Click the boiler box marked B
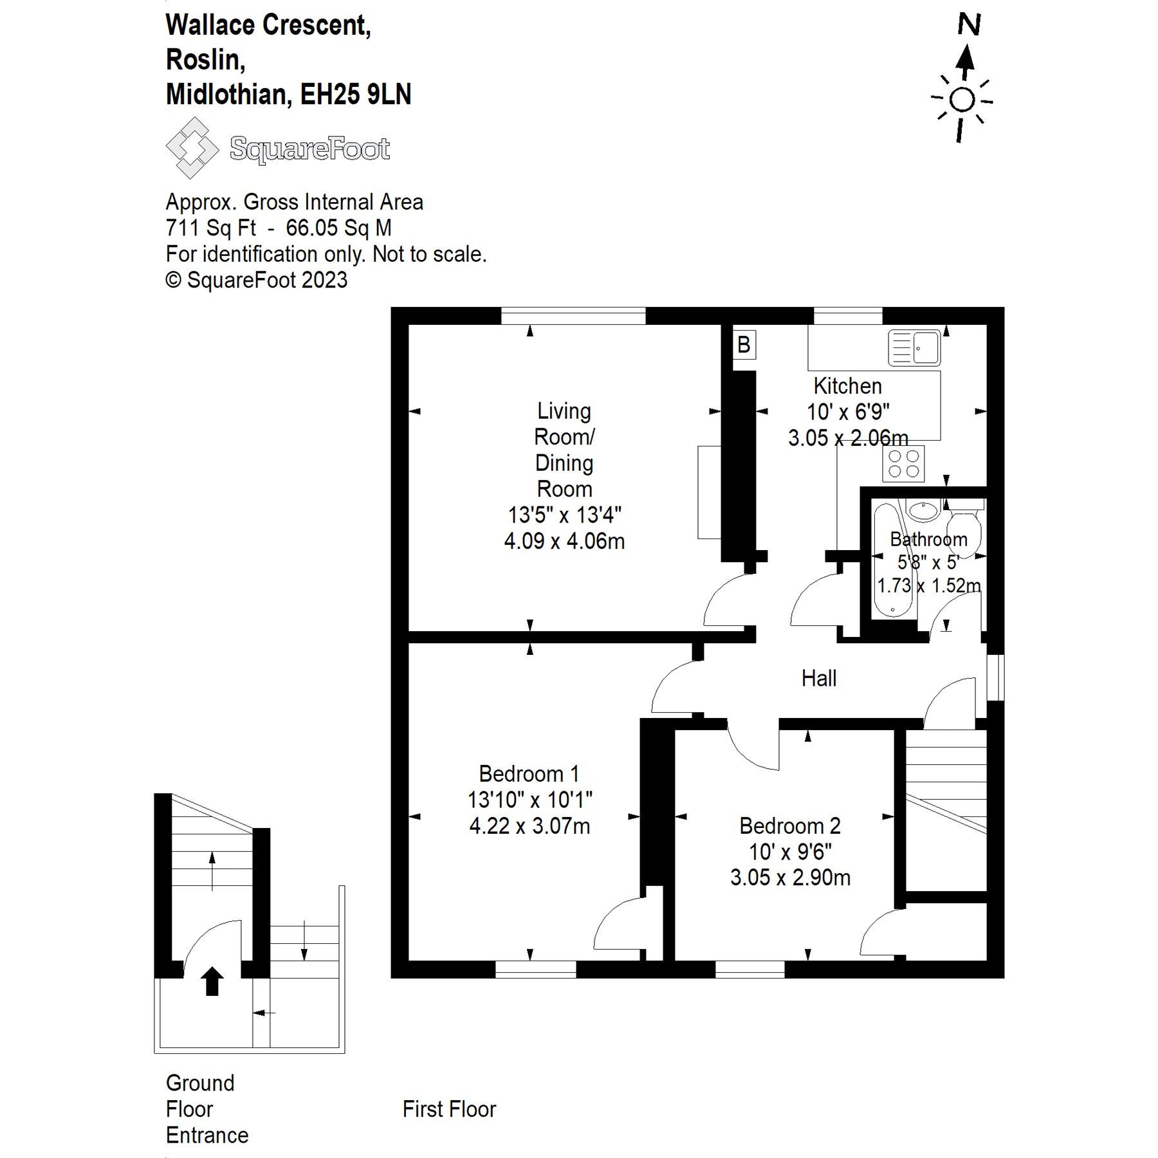744,345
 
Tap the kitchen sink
914,348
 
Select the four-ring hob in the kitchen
903,463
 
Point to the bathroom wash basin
923,511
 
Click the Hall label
818,678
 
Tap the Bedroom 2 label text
789,825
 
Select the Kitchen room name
847,386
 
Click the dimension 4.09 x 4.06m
564,541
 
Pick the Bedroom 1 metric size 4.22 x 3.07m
529,825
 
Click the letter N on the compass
969,26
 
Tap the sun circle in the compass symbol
962,100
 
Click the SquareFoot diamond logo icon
192,148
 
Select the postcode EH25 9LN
356,95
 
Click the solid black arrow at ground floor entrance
212,982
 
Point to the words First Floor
449,1109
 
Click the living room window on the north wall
573,316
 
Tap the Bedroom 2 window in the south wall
749,970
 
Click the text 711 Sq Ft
210,228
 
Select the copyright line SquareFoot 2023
257,280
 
